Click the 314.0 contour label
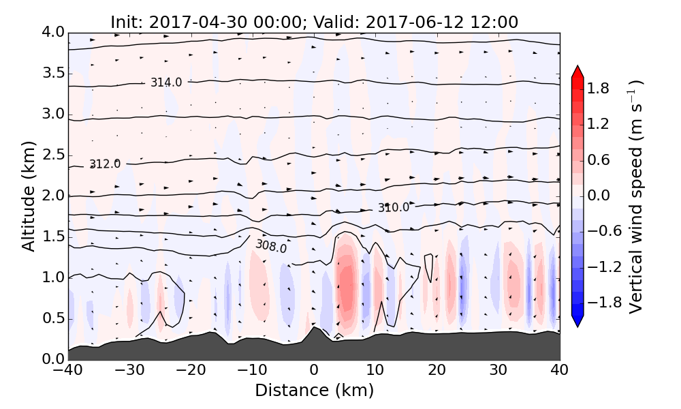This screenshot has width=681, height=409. click(x=166, y=82)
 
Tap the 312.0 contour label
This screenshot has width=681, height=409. click(x=105, y=164)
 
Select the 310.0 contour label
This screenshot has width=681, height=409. click(x=394, y=207)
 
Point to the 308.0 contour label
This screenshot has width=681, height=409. click(x=271, y=246)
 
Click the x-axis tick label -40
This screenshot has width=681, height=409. click(x=68, y=372)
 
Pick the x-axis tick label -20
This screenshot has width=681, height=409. click(x=191, y=372)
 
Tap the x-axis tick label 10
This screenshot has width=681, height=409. click(x=375, y=372)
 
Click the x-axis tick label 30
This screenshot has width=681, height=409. click(x=498, y=372)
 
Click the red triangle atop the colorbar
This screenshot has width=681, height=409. click(x=577, y=71)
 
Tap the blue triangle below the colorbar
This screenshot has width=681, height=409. click(x=577, y=321)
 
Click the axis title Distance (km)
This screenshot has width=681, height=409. click(x=314, y=391)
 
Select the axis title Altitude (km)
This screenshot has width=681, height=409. click(x=28, y=196)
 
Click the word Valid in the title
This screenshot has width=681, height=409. click(x=343, y=22)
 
